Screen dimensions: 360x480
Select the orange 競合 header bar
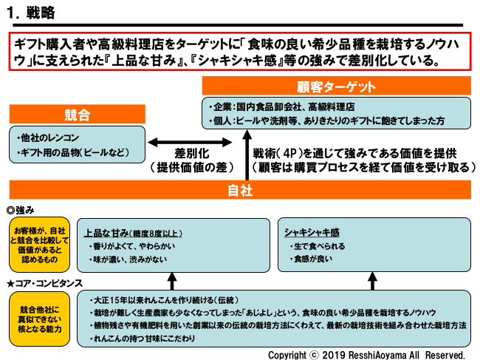tap(77, 115)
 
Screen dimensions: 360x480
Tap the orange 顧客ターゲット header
tap(337, 85)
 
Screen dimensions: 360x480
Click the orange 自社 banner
tap(240, 190)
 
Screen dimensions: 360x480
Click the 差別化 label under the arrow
tap(191, 154)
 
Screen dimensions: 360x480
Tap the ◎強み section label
tap(21, 209)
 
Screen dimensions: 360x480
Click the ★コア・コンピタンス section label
tap(44, 283)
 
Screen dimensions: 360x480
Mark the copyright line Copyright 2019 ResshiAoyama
tap(366, 353)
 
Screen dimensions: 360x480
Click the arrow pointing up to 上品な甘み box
tap(172, 281)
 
